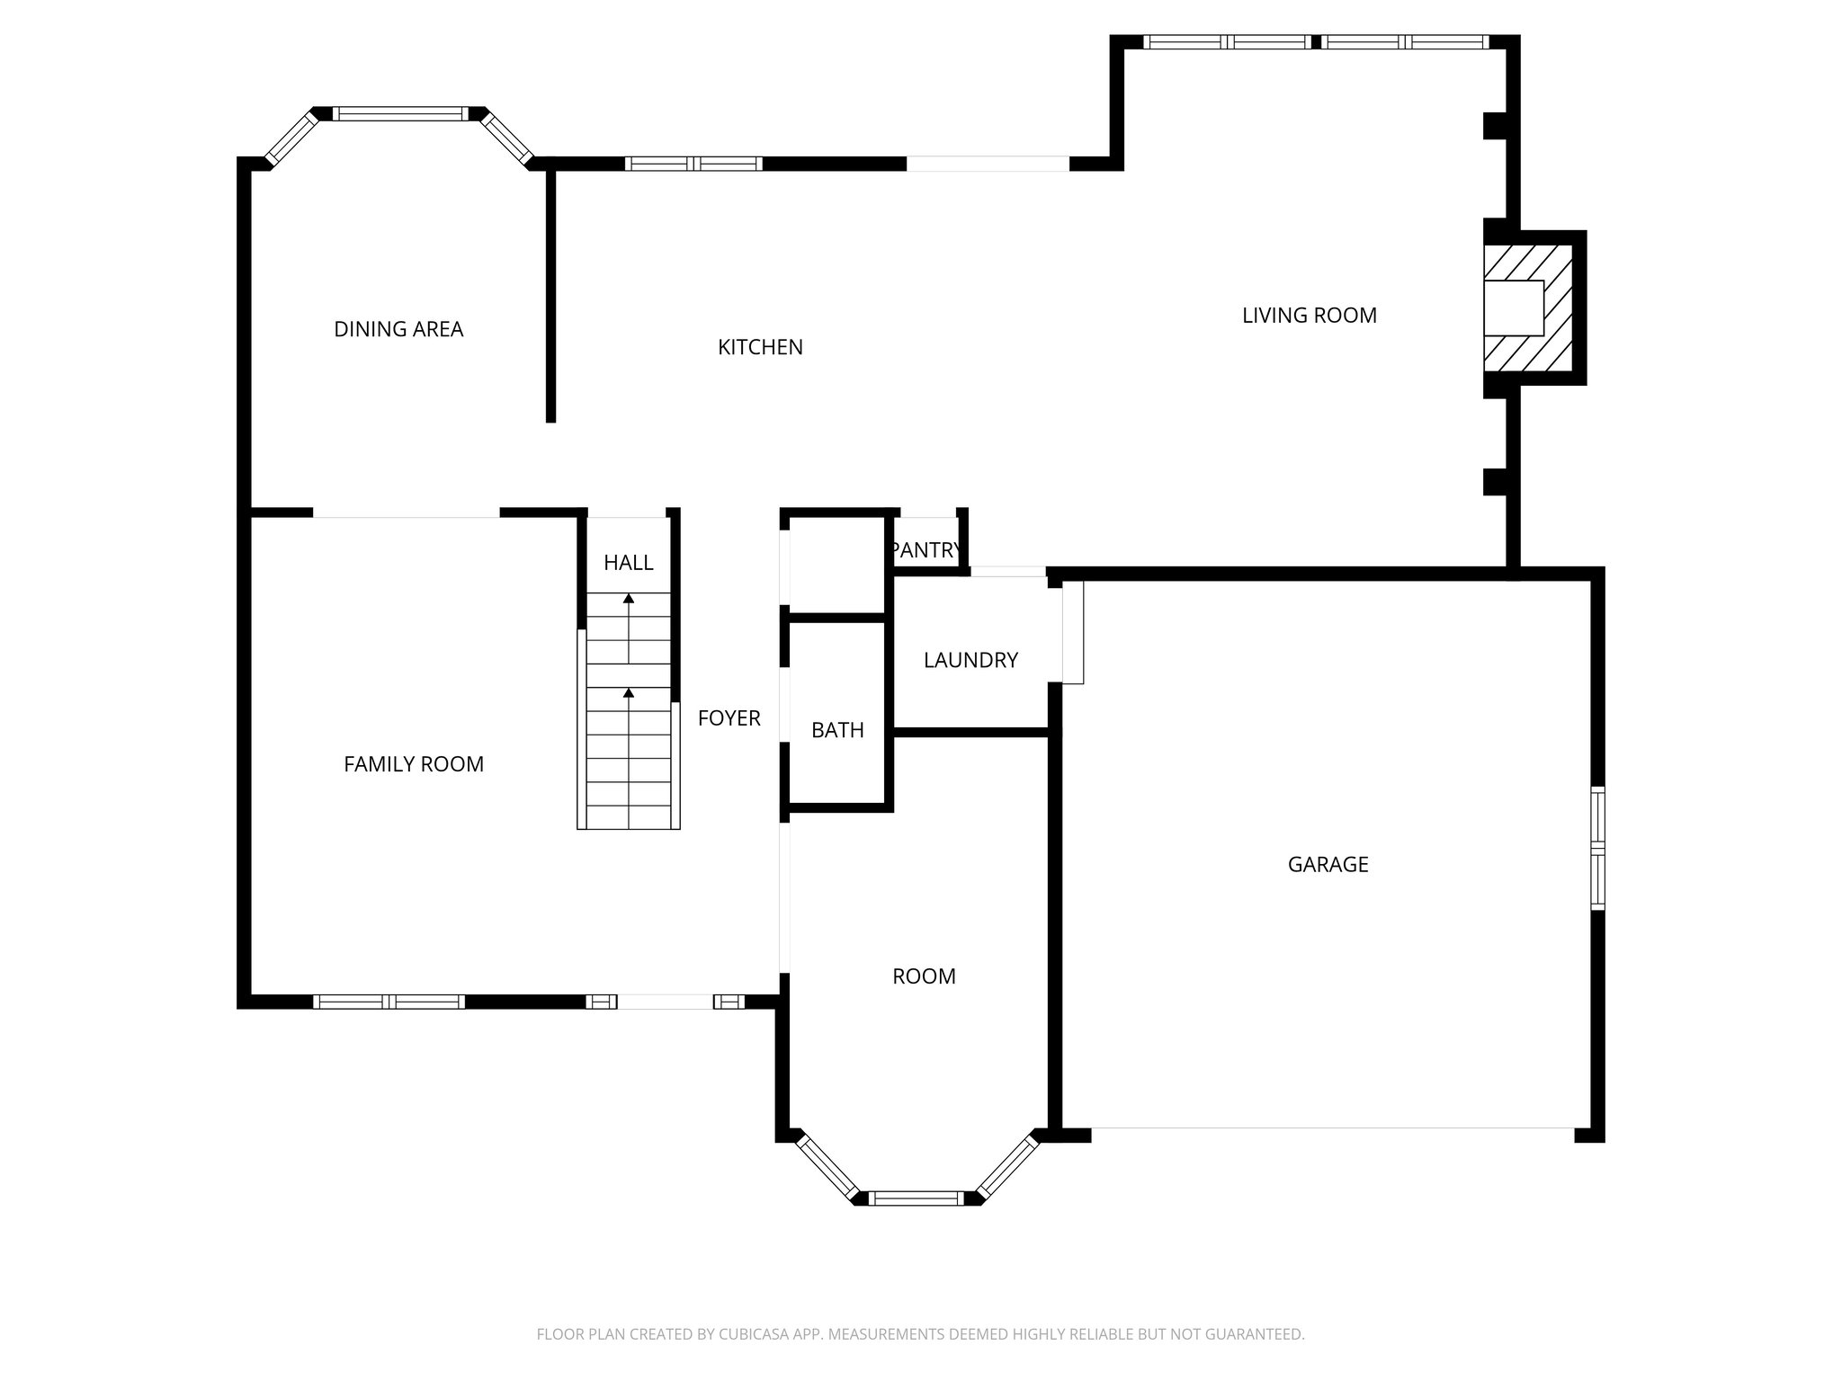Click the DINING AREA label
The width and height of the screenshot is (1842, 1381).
(398, 329)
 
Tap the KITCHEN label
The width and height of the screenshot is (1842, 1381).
(760, 347)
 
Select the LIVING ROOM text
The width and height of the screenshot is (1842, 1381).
(1309, 316)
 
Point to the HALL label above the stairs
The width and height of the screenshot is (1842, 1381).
(628, 563)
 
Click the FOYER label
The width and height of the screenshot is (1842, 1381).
(729, 718)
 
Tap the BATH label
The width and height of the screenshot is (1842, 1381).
(837, 730)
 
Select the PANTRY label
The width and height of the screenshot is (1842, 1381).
(925, 550)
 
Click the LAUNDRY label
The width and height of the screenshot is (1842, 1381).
(970, 661)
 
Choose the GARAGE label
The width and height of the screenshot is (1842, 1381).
(1328, 865)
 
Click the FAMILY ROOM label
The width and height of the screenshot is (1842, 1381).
(414, 764)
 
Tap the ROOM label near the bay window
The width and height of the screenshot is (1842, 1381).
(924, 976)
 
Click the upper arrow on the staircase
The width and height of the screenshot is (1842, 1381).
(629, 599)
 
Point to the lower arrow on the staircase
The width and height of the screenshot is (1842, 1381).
(629, 693)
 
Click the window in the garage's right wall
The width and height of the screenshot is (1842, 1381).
(1597, 848)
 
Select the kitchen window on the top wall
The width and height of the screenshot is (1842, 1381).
(693, 164)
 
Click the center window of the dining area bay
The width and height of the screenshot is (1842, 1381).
(400, 114)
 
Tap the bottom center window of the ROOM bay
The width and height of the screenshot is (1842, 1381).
(916, 1198)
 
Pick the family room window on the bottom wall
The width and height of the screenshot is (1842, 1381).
(389, 1002)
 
